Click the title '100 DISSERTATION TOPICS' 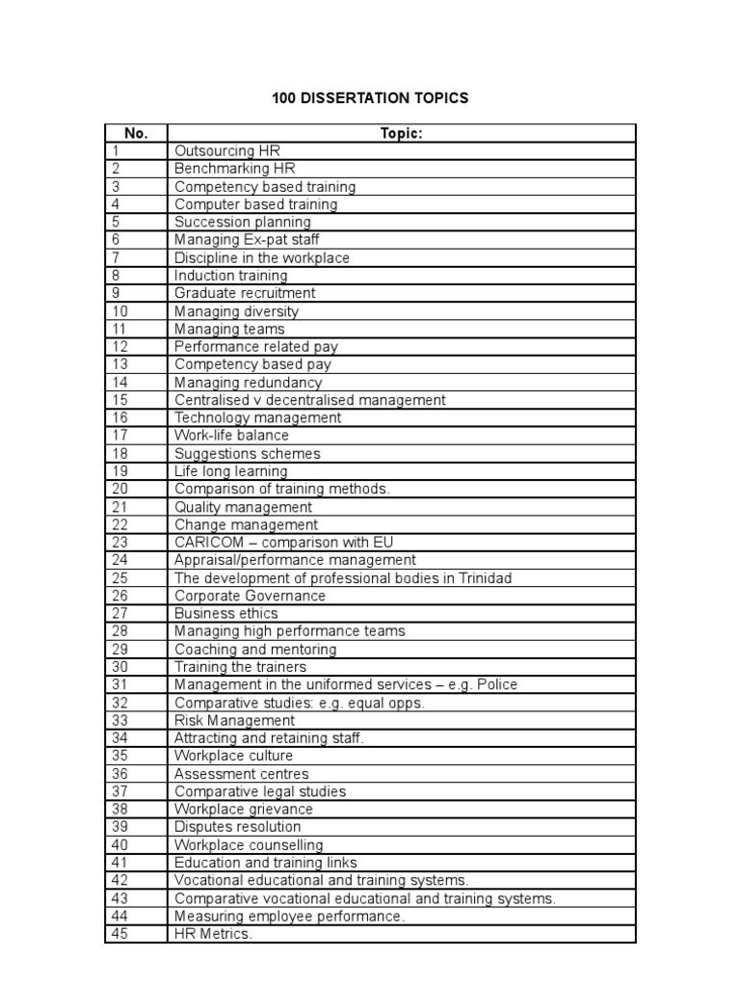click(x=369, y=98)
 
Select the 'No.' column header click(x=135, y=133)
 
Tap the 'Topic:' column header click(x=401, y=133)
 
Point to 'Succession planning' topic click(x=242, y=223)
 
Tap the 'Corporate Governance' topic click(x=250, y=596)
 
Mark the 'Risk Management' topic click(x=234, y=720)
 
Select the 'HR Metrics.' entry click(x=213, y=933)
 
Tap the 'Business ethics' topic click(x=225, y=613)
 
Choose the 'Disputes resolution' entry click(x=237, y=827)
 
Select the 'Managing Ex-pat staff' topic click(x=247, y=240)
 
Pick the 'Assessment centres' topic click(x=241, y=774)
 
